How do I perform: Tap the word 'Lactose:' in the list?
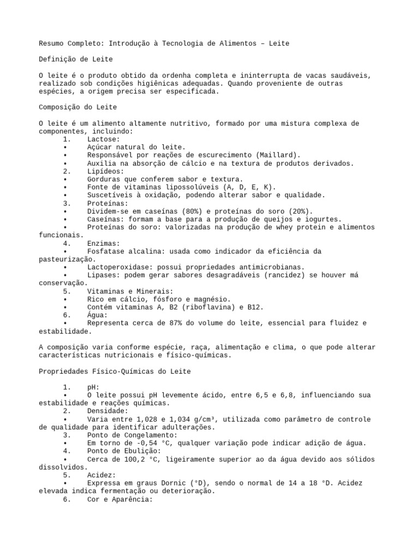coord(103,139)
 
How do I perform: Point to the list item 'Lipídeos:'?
coord(105,171)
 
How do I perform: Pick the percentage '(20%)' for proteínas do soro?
coord(300,211)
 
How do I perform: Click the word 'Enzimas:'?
coord(103,243)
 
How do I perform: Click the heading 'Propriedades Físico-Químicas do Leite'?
coord(115,372)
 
